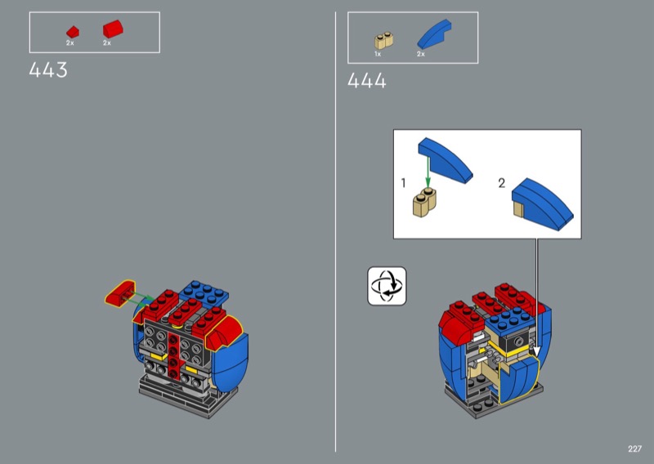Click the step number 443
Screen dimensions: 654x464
pos(48,70)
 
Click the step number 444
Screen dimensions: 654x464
pos(366,80)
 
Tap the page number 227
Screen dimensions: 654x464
pos(634,448)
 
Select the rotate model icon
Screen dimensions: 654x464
pos(387,286)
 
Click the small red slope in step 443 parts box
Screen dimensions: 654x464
pos(73,32)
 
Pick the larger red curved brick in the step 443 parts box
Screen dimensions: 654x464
pos(113,29)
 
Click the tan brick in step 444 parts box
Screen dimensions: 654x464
pos(383,41)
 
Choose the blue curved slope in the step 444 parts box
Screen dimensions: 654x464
pos(434,34)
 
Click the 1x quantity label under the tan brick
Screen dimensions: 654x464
pos(378,54)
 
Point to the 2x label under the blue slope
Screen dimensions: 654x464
pos(420,54)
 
